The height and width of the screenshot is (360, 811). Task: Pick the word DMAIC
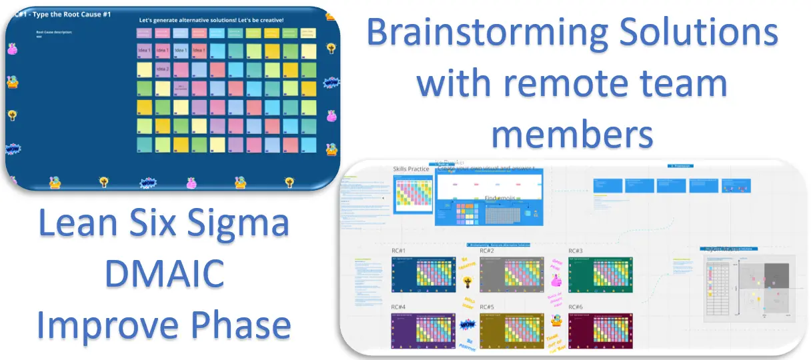tap(163, 275)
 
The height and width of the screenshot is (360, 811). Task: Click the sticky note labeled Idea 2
tap(163, 69)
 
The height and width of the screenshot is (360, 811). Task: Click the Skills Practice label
tap(411, 169)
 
